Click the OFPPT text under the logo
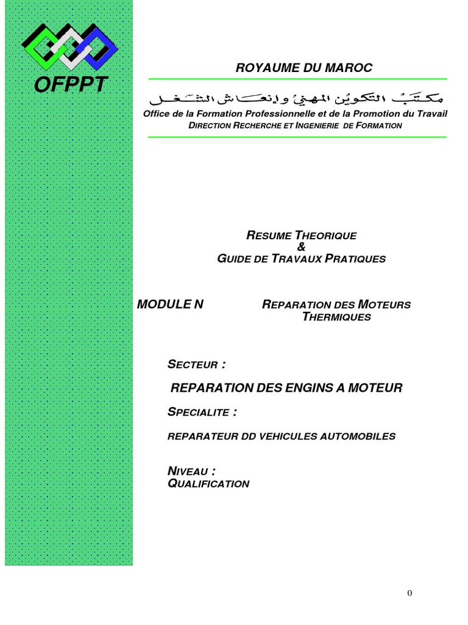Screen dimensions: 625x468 click(x=71, y=85)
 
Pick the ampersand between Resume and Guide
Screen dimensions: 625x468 click(x=300, y=247)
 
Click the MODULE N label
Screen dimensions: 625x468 click(x=171, y=305)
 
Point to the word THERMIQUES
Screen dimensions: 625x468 click(x=336, y=317)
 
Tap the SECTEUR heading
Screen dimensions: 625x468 click(x=196, y=365)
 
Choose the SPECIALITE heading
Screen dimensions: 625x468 click(x=202, y=412)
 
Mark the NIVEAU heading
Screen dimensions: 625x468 click(x=191, y=471)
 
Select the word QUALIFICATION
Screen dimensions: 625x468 click(x=208, y=484)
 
